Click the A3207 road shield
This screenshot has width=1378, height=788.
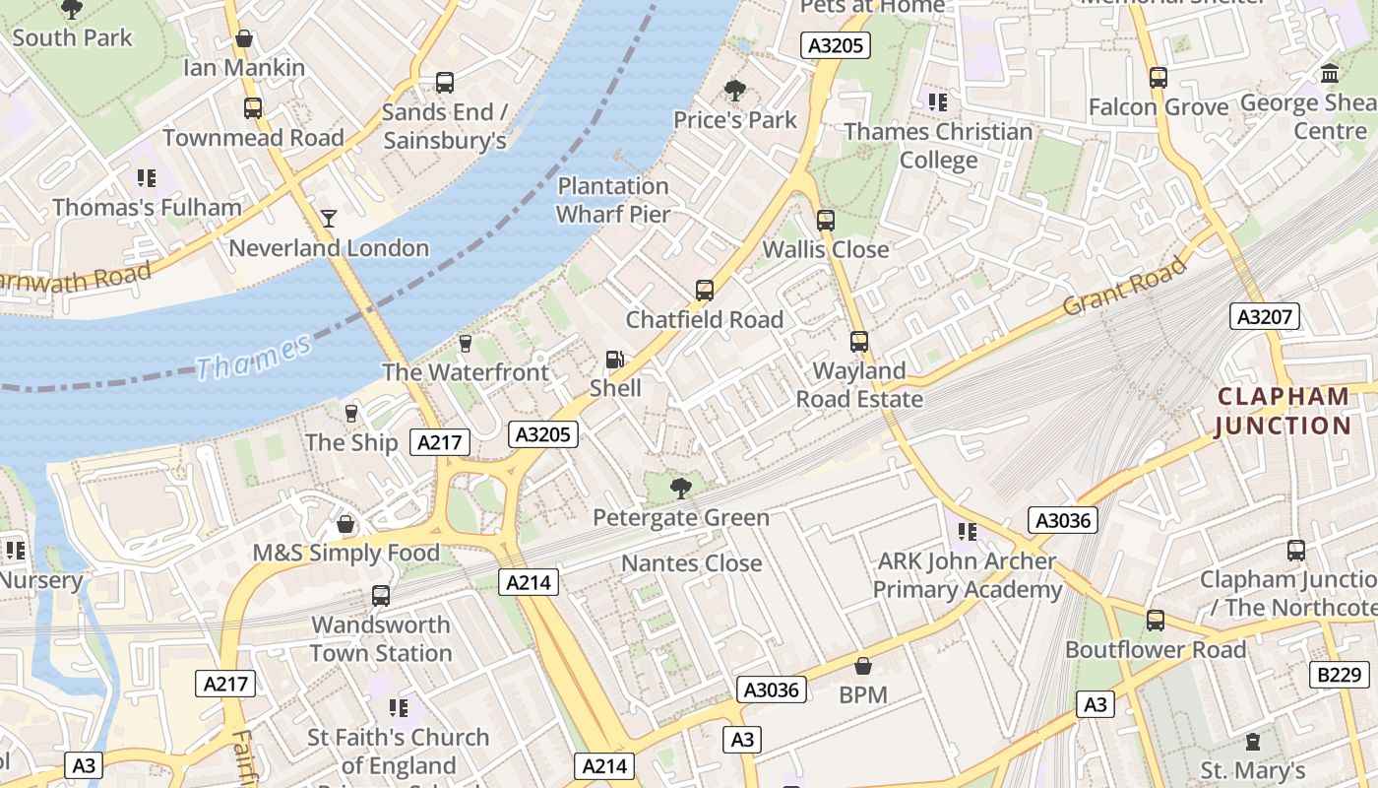point(1265,316)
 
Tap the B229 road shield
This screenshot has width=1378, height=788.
point(1341,675)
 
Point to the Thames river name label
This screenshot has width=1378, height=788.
point(253,357)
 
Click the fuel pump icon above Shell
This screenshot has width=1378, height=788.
point(614,360)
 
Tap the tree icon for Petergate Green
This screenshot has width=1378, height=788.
point(680,487)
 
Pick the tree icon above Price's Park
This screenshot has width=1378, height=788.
point(734,91)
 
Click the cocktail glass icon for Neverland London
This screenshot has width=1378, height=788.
point(329,218)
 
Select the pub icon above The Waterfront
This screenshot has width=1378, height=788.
point(466,343)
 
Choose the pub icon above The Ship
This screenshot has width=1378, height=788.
point(351,413)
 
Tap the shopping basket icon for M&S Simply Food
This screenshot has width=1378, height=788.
point(345,524)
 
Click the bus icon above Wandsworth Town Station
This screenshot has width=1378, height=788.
point(381,596)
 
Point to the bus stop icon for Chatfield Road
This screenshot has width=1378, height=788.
point(705,291)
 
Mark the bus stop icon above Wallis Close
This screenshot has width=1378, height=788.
point(826,221)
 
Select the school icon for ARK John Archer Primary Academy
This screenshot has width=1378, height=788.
point(968,532)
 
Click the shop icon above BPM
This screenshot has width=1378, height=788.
point(863,666)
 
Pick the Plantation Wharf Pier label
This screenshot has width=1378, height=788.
point(613,200)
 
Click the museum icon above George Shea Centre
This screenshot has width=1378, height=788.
point(1331,74)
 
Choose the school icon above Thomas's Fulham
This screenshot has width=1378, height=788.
point(147,178)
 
